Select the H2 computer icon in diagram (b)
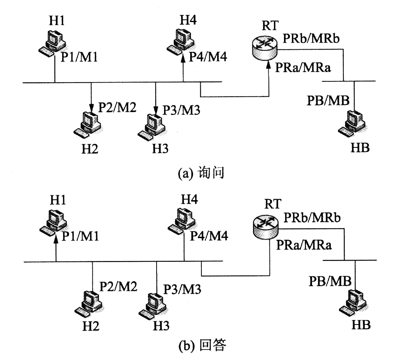pos(89,302)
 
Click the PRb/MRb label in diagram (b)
pos(312,217)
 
